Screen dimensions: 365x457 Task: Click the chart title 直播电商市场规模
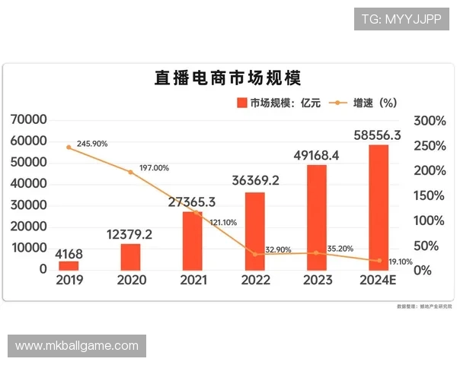point(228,78)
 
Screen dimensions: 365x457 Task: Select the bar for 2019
point(69,265)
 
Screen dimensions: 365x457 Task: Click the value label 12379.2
point(129,234)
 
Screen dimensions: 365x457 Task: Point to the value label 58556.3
point(379,135)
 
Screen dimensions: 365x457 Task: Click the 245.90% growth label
point(92,144)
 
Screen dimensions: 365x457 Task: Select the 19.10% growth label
point(401,262)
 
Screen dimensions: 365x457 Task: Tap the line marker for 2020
point(130,173)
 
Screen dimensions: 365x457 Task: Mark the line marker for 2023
point(317,253)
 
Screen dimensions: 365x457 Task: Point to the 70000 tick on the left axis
point(28,120)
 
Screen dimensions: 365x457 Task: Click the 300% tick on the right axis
point(430,121)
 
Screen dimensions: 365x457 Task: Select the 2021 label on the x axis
point(193,280)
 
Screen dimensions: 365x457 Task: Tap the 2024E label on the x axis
point(379,280)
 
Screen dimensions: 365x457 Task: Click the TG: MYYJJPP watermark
point(401,19)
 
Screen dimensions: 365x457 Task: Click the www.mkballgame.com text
point(76,346)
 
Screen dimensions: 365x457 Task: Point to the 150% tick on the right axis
point(430,195)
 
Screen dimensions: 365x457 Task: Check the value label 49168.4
point(317,156)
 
